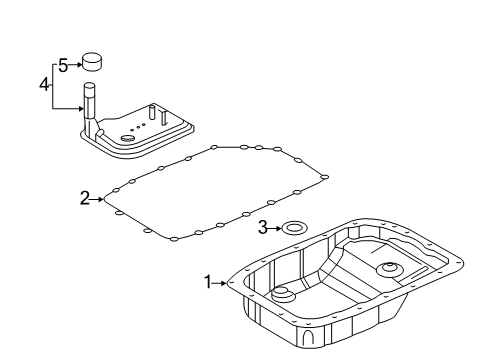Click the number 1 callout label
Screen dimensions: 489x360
click(x=209, y=283)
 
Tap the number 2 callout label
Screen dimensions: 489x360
click(x=85, y=199)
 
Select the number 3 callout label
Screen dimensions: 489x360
click(x=262, y=228)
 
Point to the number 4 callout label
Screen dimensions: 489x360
click(x=44, y=85)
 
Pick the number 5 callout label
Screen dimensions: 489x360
click(x=62, y=66)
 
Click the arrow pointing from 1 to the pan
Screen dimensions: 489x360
click(x=222, y=283)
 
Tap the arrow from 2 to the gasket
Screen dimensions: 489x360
click(x=98, y=199)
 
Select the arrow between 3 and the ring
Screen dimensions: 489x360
click(x=274, y=228)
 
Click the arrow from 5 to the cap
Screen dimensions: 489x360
click(x=75, y=66)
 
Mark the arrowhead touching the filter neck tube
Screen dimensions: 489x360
click(x=79, y=106)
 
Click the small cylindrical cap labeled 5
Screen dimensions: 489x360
click(x=93, y=63)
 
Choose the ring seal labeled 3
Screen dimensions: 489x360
click(x=293, y=229)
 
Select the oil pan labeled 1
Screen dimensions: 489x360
click(x=340, y=300)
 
